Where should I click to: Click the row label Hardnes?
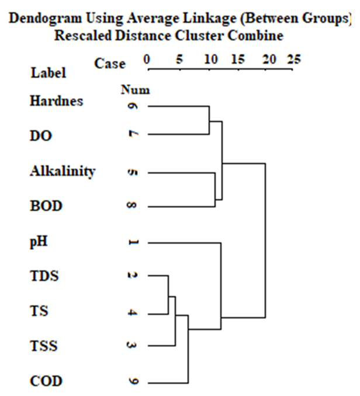(56, 101)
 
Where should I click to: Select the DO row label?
(40, 136)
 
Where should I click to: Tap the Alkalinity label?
(62, 172)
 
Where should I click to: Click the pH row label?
(39, 241)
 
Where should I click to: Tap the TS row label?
(39, 311)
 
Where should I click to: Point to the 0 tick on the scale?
(147, 60)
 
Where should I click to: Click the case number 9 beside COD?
(133, 382)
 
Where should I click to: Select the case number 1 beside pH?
(133, 242)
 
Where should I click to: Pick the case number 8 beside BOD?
(133, 207)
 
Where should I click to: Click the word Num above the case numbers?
(135, 90)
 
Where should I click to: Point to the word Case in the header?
(110, 64)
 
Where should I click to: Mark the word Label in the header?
(48, 73)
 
